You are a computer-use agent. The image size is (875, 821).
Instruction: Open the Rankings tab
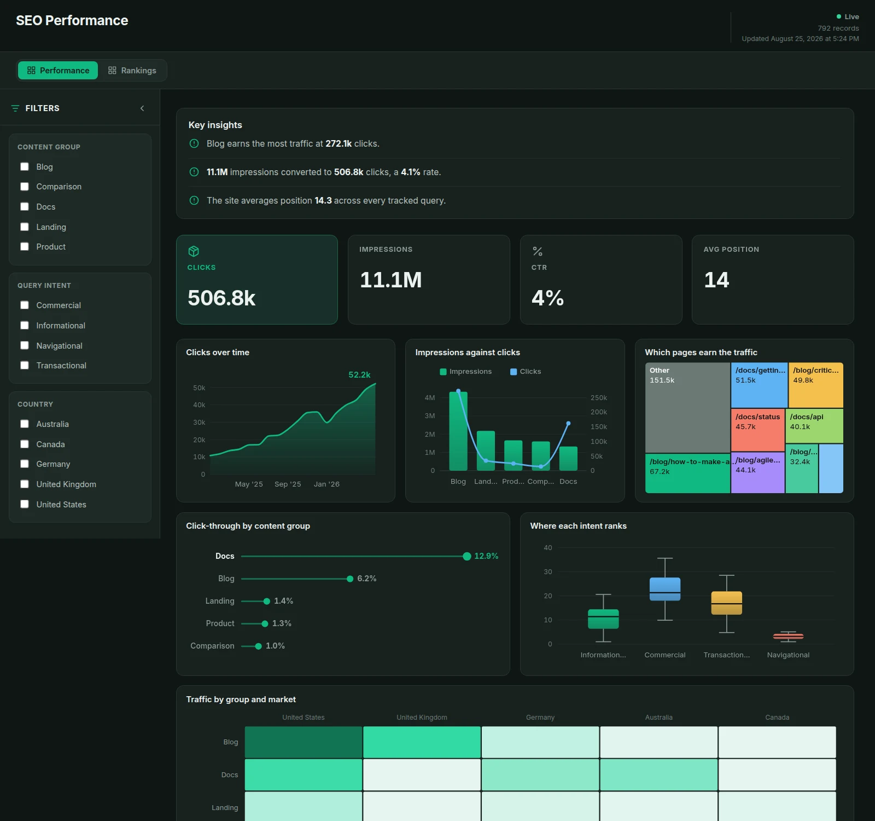132,71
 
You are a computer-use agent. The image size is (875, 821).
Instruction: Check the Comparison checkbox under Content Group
25,187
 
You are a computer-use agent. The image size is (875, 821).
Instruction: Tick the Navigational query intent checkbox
25,345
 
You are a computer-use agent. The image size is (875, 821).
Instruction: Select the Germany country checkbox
25,464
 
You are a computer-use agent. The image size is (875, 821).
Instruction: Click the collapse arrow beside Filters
142,108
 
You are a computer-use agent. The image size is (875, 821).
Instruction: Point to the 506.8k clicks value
221,298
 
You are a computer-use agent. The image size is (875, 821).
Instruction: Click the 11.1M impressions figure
390,280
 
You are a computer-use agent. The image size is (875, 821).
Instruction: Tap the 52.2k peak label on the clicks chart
359,375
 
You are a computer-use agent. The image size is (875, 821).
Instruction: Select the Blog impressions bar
458,431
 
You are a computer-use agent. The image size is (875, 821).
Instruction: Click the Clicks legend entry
526,372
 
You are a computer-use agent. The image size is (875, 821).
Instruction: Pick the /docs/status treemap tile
757,430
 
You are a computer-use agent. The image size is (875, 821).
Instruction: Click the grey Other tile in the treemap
687,408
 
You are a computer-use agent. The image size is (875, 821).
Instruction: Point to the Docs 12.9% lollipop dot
467,556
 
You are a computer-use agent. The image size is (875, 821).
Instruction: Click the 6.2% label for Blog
367,579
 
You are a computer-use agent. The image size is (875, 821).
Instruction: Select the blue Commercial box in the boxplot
665,589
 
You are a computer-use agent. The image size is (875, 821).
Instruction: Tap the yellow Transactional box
727,603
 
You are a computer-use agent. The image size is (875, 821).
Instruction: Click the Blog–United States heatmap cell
304,742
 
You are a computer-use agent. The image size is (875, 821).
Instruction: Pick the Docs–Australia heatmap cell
658,774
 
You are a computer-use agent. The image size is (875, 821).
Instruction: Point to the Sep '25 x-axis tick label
288,484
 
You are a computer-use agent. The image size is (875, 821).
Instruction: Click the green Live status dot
839,16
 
